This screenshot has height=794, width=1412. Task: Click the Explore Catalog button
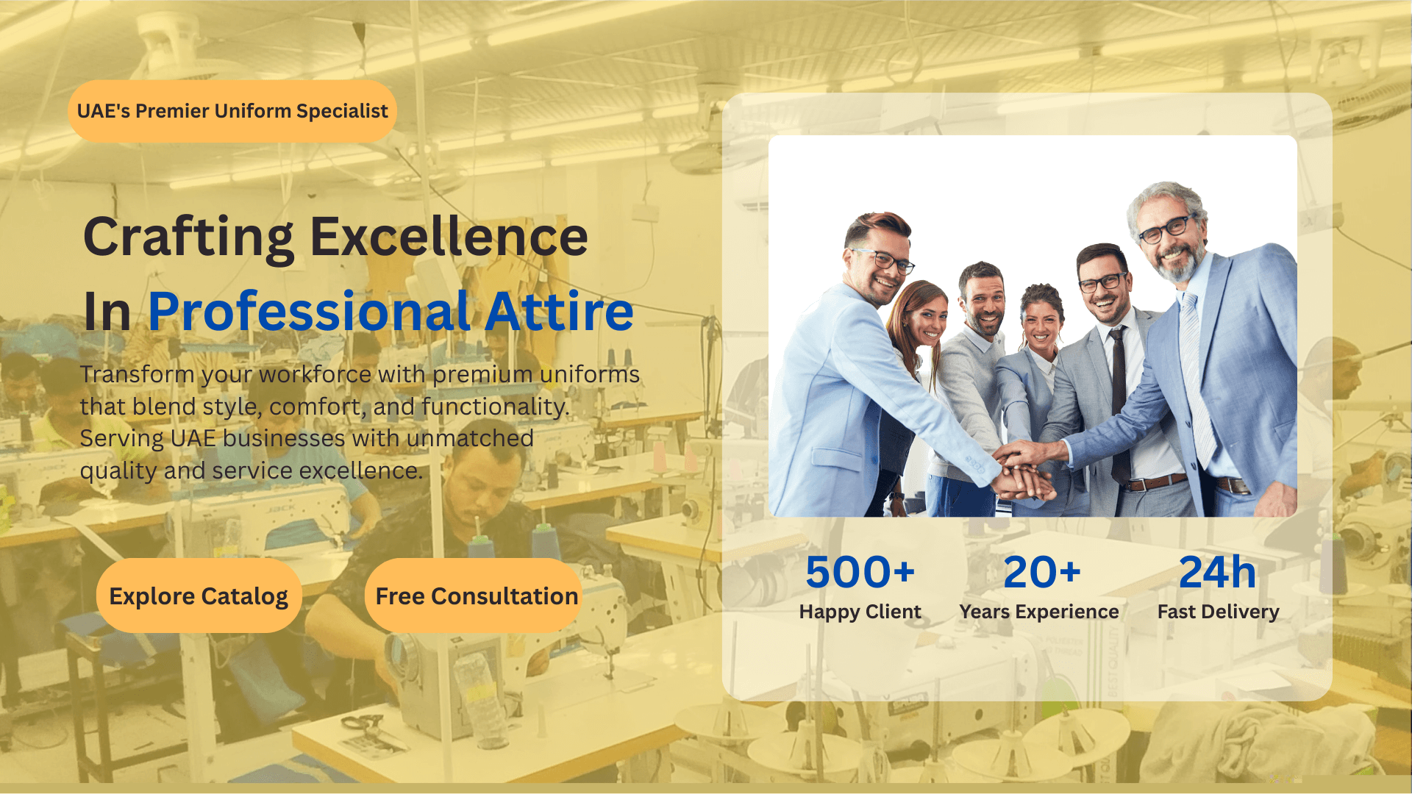click(x=199, y=595)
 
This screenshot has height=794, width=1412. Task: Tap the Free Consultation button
click(x=476, y=595)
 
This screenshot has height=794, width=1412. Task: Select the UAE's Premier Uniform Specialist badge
click(x=232, y=111)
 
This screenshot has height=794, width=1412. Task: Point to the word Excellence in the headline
click(x=449, y=237)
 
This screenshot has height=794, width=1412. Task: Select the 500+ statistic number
click(x=860, y=572)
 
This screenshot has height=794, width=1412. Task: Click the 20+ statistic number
click(x=1041, y=572)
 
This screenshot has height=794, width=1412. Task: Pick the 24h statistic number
click(x=1217, y=572)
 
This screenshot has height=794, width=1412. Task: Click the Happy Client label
click(x=860, y=612)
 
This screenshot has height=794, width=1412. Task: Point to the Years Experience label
click(x=1038, y=612)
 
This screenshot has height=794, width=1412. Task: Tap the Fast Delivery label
click(x=1218, y=612)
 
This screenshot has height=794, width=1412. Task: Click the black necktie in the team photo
click(x=1119, y=397)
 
